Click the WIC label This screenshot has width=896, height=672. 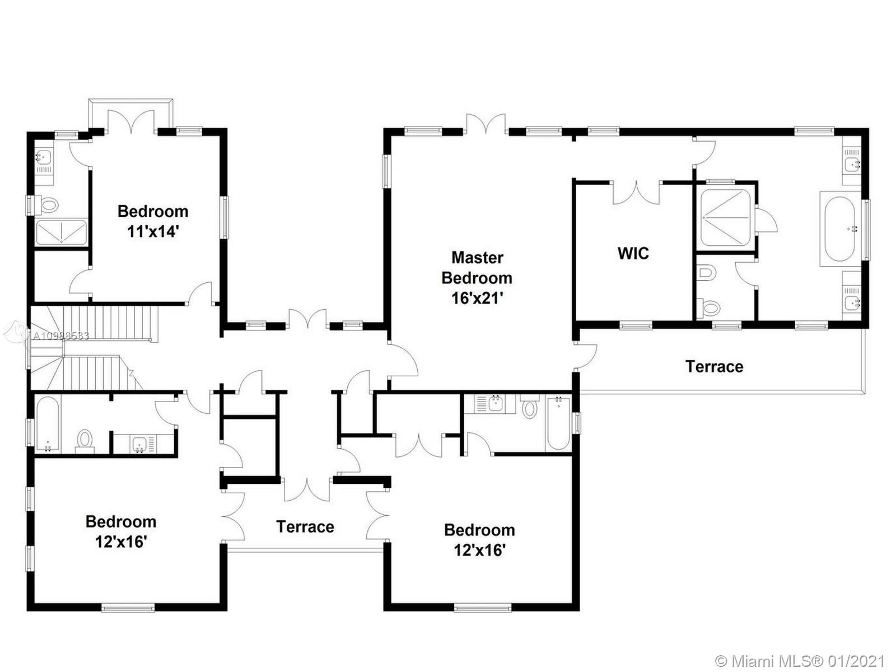pos(633,253)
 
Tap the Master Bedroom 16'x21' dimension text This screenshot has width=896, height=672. pos(477,298)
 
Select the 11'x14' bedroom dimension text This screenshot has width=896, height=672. pos(153,231)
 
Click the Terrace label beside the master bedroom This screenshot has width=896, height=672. pos(715,366)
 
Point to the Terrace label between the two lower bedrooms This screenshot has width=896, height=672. pos(305,527)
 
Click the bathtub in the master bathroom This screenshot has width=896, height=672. pos(839,229)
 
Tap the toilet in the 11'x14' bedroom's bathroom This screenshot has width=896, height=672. pos(49,204)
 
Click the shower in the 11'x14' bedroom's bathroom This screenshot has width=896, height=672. pos(61,232)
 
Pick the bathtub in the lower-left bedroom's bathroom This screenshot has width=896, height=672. pos(48,424)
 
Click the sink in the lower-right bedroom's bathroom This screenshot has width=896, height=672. pos(494,404)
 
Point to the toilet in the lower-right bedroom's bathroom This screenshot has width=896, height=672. pos(529,407)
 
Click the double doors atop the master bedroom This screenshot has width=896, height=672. pos(486,124)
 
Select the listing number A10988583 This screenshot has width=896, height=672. pos(60,336)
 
